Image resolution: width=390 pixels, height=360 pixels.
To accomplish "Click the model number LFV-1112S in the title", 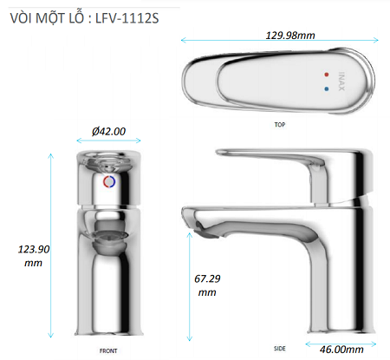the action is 127,18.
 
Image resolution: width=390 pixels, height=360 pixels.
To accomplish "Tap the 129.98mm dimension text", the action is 290,36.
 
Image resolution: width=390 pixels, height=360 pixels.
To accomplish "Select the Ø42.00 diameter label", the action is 108,131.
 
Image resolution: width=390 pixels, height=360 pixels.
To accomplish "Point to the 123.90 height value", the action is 34,249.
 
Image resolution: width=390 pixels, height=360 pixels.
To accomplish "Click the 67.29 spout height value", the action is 207,278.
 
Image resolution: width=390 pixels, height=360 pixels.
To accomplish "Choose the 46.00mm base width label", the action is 341,350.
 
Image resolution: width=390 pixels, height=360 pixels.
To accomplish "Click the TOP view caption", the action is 280,125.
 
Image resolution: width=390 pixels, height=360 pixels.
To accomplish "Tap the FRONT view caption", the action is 108,350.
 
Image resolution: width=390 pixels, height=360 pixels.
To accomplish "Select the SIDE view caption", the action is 280,349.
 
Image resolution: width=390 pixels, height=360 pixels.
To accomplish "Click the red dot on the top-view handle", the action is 327,75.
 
